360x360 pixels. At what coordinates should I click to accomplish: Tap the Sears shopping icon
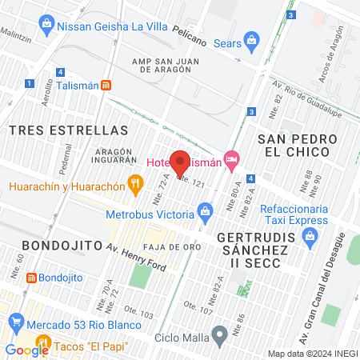(x=252, y=39)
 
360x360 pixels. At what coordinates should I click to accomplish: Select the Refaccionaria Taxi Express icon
(x=311, y=236)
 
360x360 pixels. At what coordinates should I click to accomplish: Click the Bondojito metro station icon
(x=31, y=278)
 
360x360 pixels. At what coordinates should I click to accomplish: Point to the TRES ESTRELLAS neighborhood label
(x=68, y=130)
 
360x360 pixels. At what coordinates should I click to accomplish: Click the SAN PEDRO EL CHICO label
(x=294, y=146)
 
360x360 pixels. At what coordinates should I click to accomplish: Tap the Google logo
(x=26, y=350)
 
